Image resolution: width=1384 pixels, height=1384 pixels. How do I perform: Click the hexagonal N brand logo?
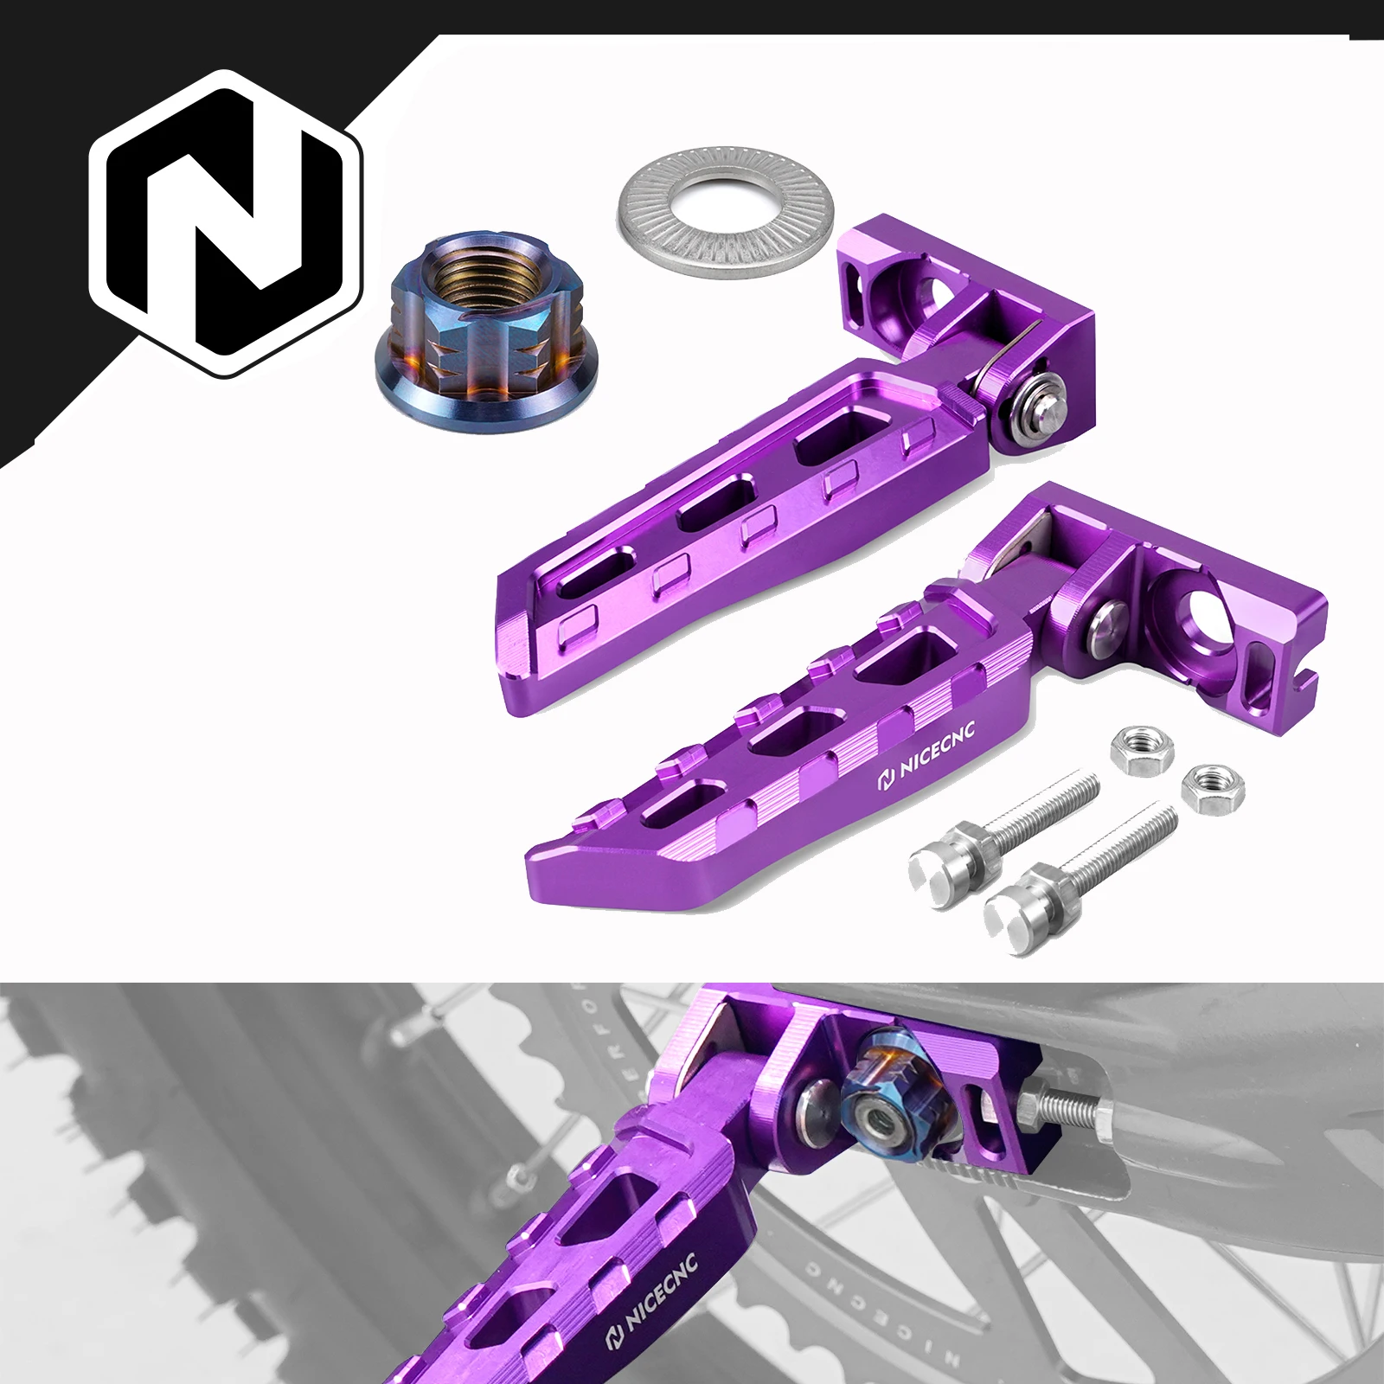[227, 223]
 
